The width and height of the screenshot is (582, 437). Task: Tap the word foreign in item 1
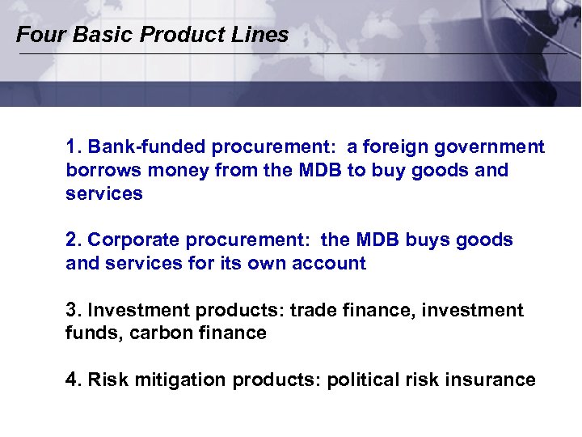point(394,147)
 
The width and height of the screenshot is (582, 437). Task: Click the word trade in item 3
point(312,310)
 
